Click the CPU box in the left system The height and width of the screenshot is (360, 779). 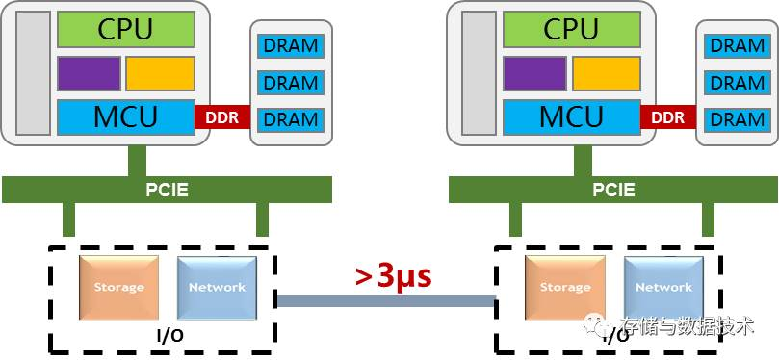tap(125, 29)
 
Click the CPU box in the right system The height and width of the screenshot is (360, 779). tap(571, 29)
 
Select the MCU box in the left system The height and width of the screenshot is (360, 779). tap(125, 117)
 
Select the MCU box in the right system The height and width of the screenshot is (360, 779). tap(571, 117)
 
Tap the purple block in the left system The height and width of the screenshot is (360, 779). tap(89, 73)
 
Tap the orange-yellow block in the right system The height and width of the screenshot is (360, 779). tap(606, 73)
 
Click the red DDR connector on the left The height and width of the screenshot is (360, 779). tap(222, 117)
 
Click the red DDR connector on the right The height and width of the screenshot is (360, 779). tap(667, 117)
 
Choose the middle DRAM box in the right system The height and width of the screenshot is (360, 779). tap(737, 83)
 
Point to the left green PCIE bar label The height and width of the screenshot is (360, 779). tap(168, 190)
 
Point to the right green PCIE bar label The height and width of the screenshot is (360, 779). tap(613, 190)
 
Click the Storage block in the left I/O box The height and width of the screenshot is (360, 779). tap(118, 287)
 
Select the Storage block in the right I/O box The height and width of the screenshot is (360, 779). tap(564, 287)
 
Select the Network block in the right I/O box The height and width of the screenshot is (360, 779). tap(662, 287)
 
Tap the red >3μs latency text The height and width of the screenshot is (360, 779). tap(393, 275)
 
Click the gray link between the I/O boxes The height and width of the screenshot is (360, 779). tap(385, 300)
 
